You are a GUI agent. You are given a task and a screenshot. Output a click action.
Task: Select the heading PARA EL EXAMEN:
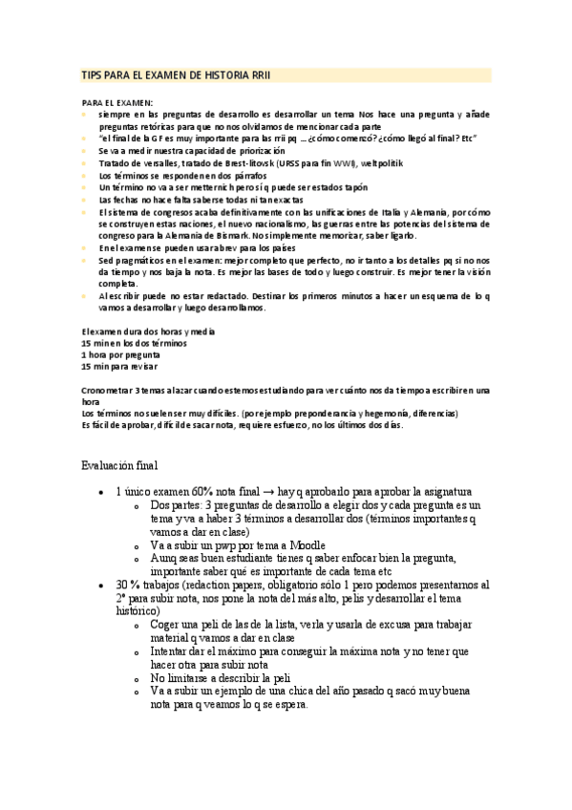tap(117, 102)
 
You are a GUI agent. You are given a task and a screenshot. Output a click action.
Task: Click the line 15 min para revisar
tap(119, 366)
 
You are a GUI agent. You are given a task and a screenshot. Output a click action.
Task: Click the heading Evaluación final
tap(119, 465)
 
